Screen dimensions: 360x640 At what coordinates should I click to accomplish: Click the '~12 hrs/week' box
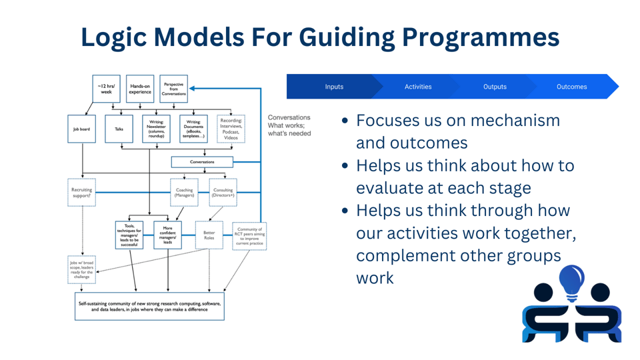[106, 89]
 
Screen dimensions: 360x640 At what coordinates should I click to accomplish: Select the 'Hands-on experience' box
[140, 89]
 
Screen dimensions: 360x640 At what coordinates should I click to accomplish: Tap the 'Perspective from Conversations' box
[174, 89]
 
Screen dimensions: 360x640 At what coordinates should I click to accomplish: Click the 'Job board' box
[82, 129]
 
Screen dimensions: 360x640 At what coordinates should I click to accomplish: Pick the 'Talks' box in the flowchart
[119, 129]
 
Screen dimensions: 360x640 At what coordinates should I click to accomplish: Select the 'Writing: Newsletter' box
[156, 129]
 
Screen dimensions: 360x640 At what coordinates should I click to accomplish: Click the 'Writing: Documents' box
[193, 129]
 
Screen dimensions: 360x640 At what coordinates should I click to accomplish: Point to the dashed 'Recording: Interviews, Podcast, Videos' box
[231, 129]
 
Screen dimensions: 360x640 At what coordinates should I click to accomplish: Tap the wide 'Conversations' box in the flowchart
[202, 161]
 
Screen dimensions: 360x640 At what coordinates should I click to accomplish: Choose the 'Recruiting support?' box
[82, 193]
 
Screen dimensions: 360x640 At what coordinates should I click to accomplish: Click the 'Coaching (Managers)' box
[184, 193]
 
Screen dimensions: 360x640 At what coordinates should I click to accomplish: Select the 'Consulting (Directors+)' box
[223, 193]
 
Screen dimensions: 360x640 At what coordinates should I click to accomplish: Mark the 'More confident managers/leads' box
[167, 235]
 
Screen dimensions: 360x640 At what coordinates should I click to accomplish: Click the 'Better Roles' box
[209, 235]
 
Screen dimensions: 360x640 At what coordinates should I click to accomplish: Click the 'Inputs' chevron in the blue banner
[334, 87]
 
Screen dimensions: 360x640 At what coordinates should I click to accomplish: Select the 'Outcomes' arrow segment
[572, 87]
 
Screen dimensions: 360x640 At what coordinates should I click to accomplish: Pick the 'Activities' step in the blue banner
[418, 87]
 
